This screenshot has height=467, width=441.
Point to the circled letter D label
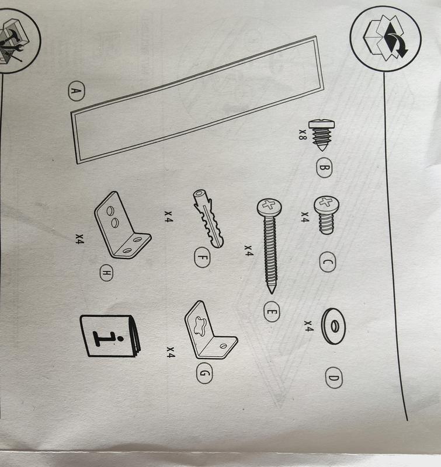point(334,379)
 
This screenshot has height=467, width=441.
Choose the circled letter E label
point(271,313)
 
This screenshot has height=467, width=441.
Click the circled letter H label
point(107,273)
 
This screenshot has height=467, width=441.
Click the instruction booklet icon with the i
point(111,335)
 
